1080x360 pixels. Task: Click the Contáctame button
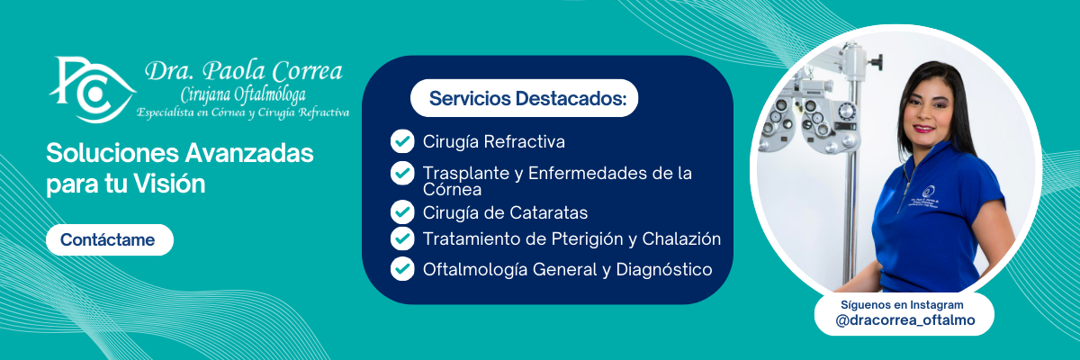tap(110, 239)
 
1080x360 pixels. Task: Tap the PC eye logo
tap(92, 90)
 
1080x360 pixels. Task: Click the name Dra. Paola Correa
tap(244, 71)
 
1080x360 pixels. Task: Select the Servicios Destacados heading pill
tap(524, 98)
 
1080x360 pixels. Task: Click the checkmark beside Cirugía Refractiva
tap(402, 141)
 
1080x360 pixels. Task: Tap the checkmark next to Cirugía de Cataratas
tap(402, 212)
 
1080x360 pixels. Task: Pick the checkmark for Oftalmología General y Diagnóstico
tap(402, 269)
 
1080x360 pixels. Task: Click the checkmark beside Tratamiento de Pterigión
tap(402, 238)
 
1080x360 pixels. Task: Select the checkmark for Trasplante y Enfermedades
tap(402, 174)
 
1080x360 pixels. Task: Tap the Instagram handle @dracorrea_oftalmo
tap(905, 320)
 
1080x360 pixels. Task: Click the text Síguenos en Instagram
tap(902, 304)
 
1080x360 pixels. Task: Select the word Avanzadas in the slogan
tap(249, 153)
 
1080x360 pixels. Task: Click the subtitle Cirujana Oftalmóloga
tap(243, 94)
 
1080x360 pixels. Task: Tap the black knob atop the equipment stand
tap(877, 61)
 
